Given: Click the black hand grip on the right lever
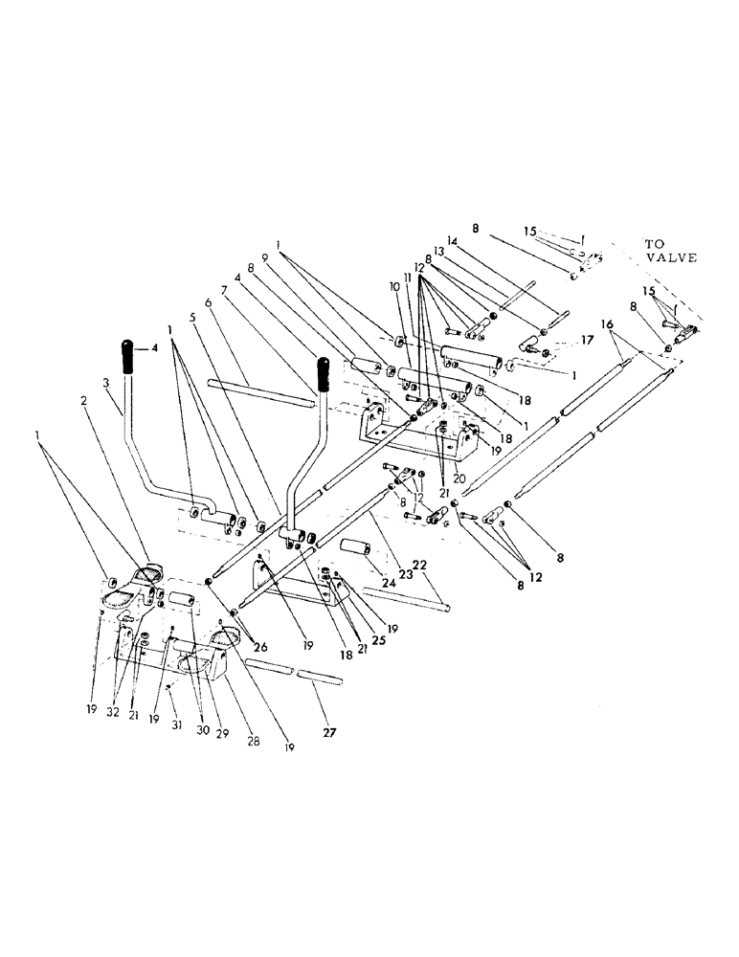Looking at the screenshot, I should pyautogui.click(x=325, y=375).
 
